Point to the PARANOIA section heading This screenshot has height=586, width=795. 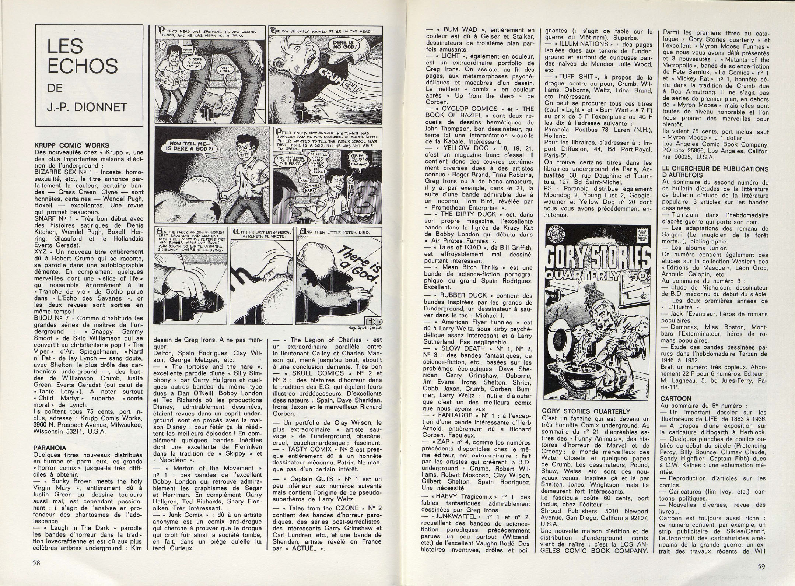point(50,448)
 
